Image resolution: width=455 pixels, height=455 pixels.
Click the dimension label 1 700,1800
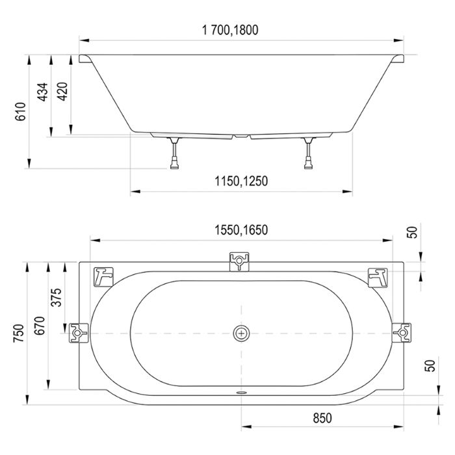pos(230,30)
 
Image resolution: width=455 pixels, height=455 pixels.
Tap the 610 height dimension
pos(21,112)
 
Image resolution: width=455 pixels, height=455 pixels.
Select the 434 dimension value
pos(43,92)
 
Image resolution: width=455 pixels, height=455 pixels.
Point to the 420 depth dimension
pos(62,92)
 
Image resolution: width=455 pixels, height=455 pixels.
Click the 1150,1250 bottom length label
pos(241,181)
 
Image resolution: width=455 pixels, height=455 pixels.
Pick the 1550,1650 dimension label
pos(241,230)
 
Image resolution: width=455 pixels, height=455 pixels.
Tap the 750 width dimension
pos(19,333)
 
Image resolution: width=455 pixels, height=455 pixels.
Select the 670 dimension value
pos(40,325)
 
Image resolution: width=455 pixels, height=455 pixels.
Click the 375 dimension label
pos(57,297)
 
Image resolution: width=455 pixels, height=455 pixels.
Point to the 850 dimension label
pos(322,418)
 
